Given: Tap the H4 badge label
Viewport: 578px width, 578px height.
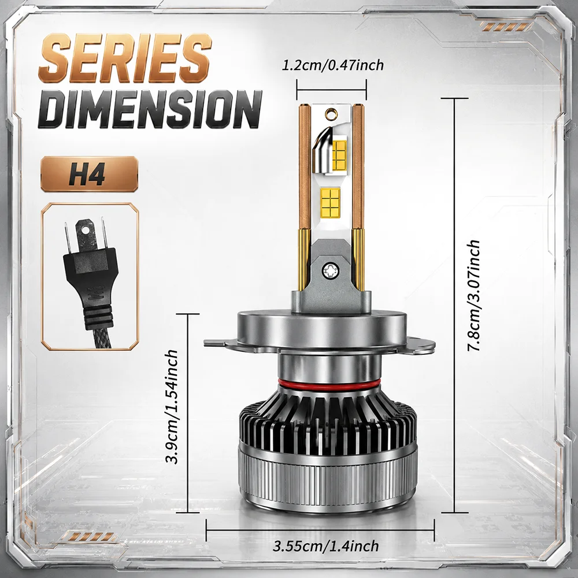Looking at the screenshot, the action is point(87,175).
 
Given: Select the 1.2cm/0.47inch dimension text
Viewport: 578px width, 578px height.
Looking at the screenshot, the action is point(332,65).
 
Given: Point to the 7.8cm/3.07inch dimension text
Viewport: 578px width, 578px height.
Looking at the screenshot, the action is point(474,295).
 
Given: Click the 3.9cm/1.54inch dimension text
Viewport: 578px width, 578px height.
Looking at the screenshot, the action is point(172,406).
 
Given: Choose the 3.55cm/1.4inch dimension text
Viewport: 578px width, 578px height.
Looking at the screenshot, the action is point(326,545).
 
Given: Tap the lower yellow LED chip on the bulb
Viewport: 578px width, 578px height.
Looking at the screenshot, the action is point(330,203).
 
